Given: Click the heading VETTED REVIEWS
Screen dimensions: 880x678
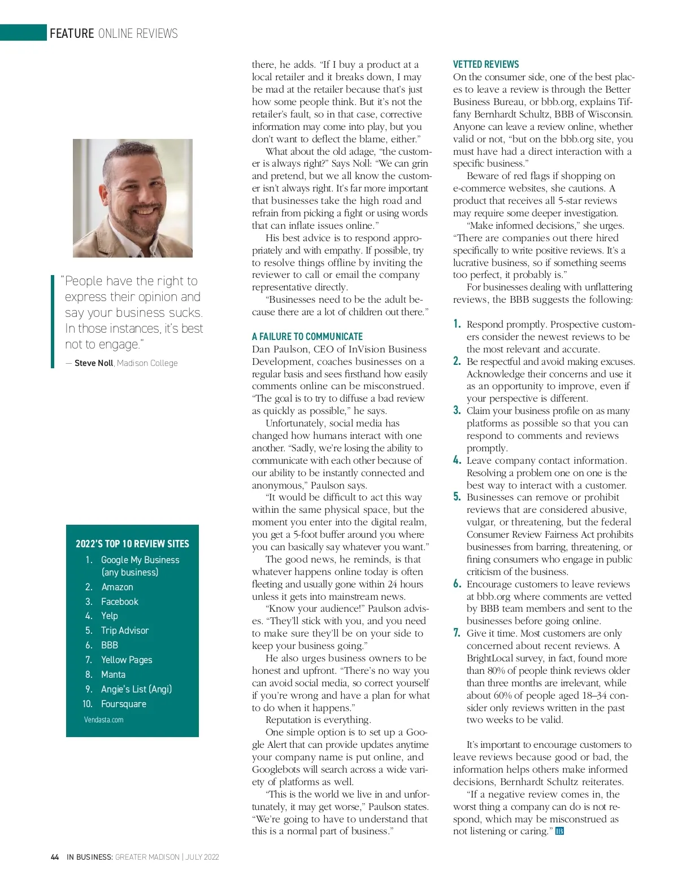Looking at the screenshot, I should (485, 64).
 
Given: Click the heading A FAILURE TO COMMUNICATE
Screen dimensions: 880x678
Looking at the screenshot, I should (307, 336).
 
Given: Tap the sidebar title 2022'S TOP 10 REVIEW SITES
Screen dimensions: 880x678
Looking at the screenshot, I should (132, 544).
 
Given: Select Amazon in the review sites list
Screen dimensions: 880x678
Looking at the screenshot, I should (117, 587).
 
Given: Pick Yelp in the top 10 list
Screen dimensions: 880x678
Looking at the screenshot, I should (109, 616).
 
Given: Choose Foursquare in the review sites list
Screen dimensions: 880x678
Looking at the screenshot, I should (123, 704).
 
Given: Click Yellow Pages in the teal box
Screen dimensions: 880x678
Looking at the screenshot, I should (127, 660).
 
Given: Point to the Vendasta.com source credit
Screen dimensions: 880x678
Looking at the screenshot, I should (103, 720).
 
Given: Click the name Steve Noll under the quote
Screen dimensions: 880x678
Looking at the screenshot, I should (94, 363).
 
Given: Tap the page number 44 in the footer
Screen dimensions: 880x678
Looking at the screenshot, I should (55, 857).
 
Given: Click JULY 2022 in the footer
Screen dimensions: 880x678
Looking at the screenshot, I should (202, 857).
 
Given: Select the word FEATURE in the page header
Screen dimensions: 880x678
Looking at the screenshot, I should (72, 33).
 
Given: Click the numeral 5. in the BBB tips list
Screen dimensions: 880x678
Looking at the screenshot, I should (457, 497).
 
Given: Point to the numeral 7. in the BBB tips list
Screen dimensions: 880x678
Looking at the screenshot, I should (457, 633).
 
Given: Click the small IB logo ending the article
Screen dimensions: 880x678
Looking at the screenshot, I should (559, 831).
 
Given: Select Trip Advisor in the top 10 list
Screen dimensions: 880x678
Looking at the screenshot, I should (125, 630).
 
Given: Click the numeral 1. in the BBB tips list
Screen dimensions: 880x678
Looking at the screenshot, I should (457, 324).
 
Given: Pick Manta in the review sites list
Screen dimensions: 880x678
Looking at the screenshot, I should (113, 674).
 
